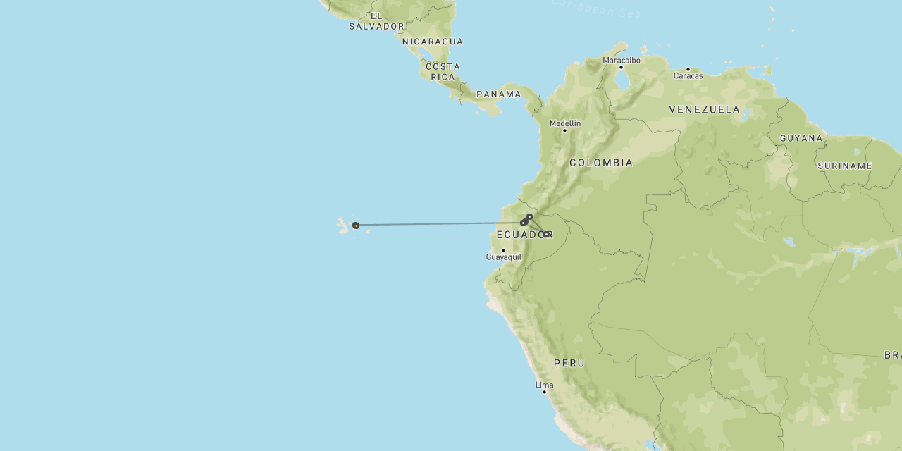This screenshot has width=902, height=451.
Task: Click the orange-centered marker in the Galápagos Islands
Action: click(x=356, y=225)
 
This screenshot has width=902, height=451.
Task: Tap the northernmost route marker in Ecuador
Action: click(x=529, y=216)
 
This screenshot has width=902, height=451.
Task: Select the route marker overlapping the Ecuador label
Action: click(x=546, y=234)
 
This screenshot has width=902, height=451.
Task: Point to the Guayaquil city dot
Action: click(x=503, y=250)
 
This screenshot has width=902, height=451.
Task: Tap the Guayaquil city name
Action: click(x=504, y=257)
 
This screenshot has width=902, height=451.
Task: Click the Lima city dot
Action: click(x=544, y=392)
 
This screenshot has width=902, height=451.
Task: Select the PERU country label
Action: click(x=569, y=364)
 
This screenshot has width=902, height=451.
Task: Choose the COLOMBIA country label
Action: click(x=601, y=163)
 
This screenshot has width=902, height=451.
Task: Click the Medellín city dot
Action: click(x=564, y=130)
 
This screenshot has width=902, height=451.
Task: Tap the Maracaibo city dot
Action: click(x=621, y=68)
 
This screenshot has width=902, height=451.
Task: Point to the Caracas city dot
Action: click(x=688, y=69)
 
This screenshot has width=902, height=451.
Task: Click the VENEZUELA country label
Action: click(x=705, y=109)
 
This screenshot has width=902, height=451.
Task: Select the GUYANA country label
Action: click(x=801, y=138)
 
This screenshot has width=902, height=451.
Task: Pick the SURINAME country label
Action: click(x=845, y=166)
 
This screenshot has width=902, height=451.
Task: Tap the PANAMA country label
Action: click(x=499, y=94)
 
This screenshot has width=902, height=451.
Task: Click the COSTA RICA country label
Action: click(x=443, y=71)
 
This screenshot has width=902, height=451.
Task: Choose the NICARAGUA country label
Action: click(x=433, y=42)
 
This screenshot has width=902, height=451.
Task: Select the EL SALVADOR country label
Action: click(x=377, y=21)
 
